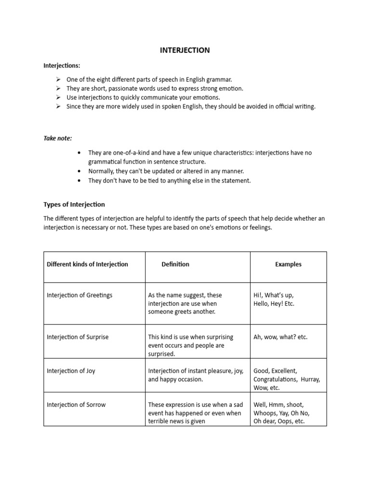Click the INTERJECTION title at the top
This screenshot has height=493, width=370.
(x=185, y=50)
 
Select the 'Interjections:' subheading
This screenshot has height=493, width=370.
(x=62, y=65)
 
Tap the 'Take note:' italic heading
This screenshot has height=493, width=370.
(x=58, y=138)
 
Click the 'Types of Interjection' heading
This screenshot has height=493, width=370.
(x=74, y=205)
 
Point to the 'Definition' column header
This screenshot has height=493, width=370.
(x=175, y=264)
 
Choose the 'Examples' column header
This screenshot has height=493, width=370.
(x=288, y=264)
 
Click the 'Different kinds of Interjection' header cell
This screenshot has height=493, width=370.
(x=87, y=264)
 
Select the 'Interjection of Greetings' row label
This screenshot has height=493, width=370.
(x=79, y=295)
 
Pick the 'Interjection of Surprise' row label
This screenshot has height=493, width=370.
(x=78, y=337)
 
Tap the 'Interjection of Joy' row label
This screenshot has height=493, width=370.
(x=71, y=371)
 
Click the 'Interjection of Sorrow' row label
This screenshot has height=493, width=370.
(x=76, y=405)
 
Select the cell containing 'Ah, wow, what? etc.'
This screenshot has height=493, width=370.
(x=280, y=337)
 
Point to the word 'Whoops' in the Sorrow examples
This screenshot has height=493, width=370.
(x=265, y=413)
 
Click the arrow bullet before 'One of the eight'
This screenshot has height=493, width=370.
(x=58, y=79)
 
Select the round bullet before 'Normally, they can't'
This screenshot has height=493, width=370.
(x=79, y=171)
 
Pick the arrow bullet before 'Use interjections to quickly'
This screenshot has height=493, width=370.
(x=58, y=98)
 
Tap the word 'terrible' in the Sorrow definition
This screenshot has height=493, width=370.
(x=159, y=422)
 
